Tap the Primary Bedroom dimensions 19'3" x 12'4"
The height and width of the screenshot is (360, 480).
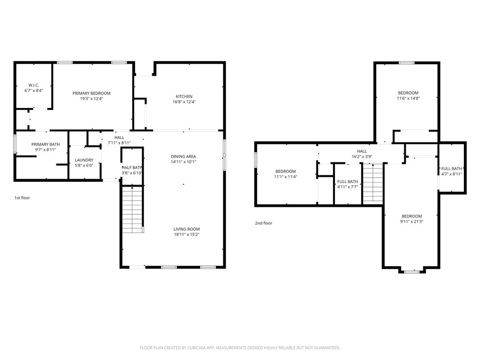91,99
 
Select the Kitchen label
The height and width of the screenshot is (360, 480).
184,96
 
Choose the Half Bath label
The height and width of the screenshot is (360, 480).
132,167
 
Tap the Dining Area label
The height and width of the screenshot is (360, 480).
184,156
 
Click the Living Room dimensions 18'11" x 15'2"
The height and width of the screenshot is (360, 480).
187,235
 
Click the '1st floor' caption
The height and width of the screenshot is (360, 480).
22,197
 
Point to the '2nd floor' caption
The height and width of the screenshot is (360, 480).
263,223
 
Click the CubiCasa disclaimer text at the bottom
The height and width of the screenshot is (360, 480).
240,347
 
